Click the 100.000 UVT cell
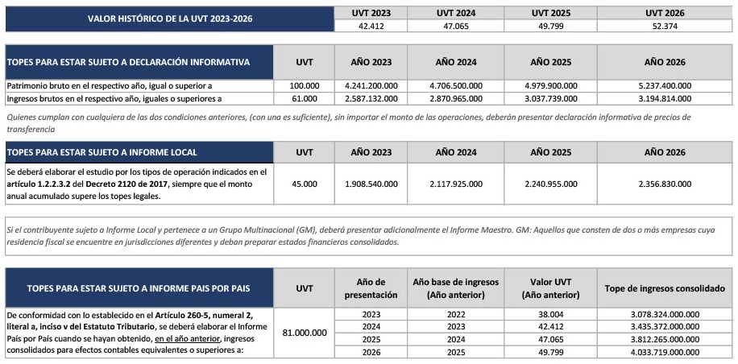pyautogui.click(x=305, y=85)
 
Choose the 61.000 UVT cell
pyautogui.click(x=305, y=98)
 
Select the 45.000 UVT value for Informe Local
pyautogui.click(x=305, y=183)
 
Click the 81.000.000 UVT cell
pyautogui.click(x=305, y=332)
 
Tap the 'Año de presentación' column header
pyautogui.click(x=370, y=288)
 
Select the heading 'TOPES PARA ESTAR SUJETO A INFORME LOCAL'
pyautogui.click(x=102, y=151)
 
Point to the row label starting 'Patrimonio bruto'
pyautogui.click(x=109, y=85)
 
